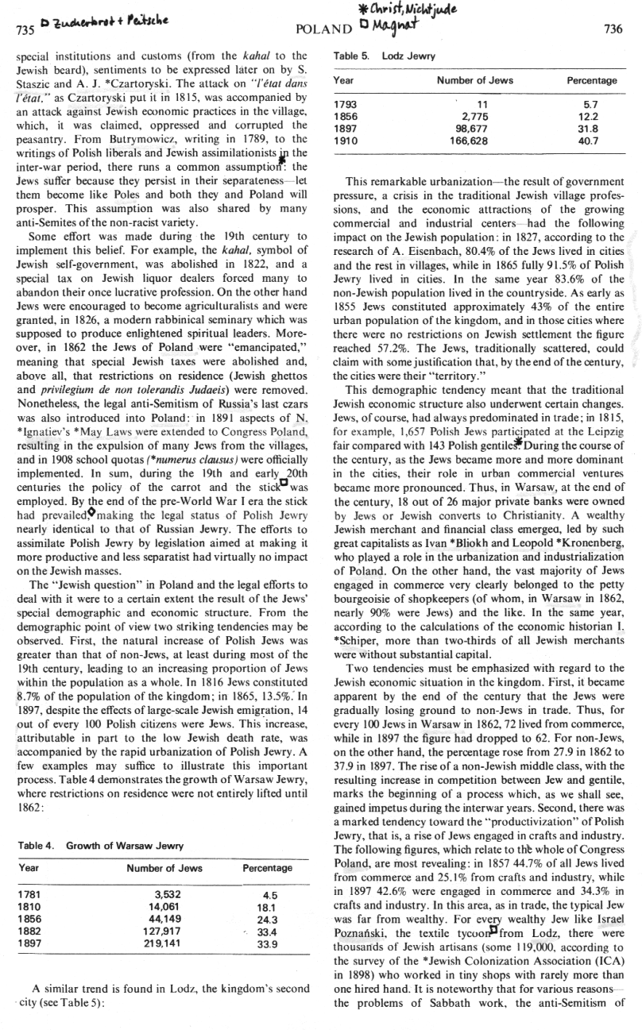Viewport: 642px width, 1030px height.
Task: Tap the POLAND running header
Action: point(323,29)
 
